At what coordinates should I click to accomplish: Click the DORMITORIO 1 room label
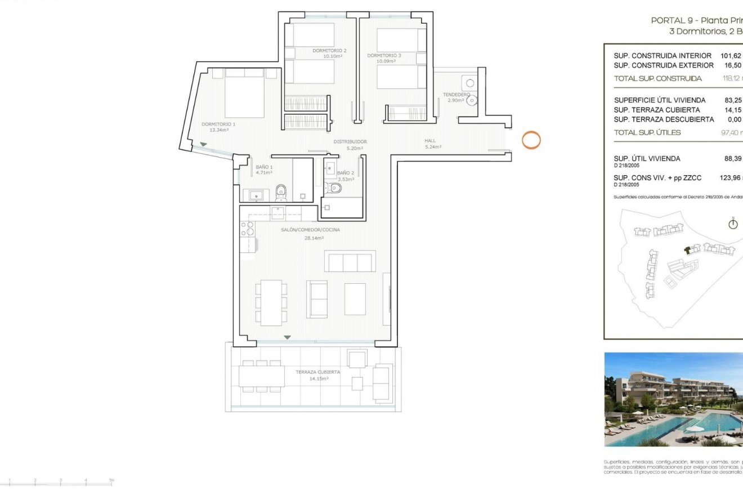[218, 124]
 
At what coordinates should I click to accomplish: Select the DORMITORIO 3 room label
[384, 55]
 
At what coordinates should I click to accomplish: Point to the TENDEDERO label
[456, 94]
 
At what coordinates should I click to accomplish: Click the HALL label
[430, 141]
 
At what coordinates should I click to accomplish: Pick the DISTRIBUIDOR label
[350, 141]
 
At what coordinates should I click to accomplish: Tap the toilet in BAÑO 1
[281, 192]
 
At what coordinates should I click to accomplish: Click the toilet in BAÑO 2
[335, 188]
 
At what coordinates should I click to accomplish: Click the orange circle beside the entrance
[531, 140]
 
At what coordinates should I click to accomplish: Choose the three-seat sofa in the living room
[350, 261]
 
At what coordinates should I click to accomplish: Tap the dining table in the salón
[271, 302]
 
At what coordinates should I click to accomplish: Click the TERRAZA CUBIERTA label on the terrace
[318, 372]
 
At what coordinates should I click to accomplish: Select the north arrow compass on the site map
[733, 224]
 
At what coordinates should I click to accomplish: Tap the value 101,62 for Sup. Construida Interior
[731, 56]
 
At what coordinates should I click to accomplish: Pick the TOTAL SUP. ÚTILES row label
[647, 132]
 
